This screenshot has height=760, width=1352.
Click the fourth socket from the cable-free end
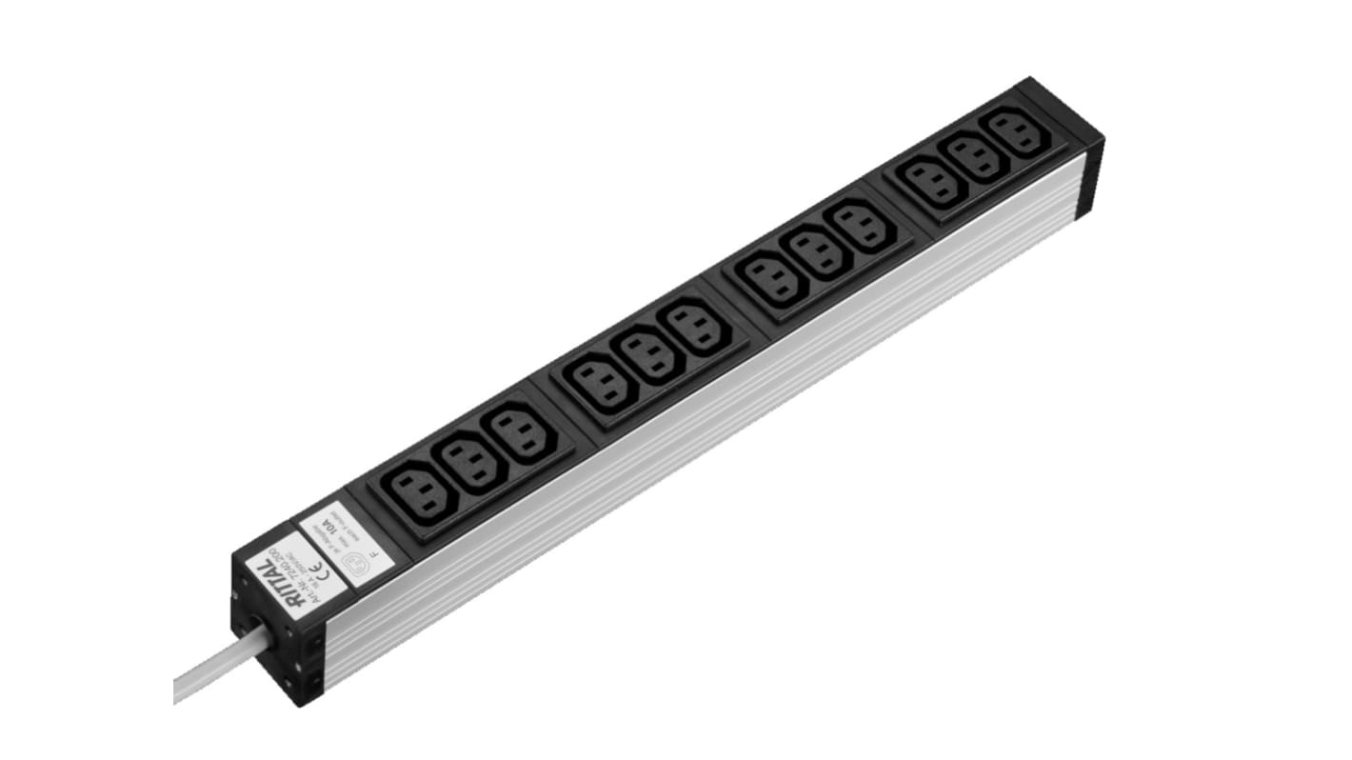pyautogui.click(x=865, y=225)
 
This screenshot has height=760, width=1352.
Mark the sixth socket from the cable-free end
pyautogui.click(x=772, y=277)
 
